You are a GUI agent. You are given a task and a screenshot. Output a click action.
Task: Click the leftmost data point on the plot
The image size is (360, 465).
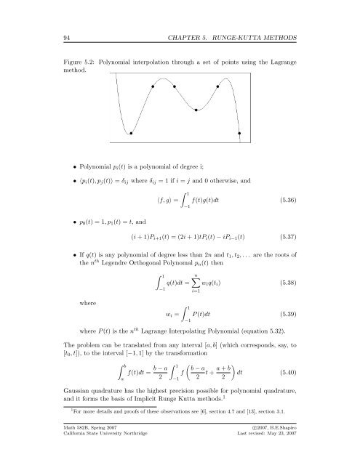point(131,133)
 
